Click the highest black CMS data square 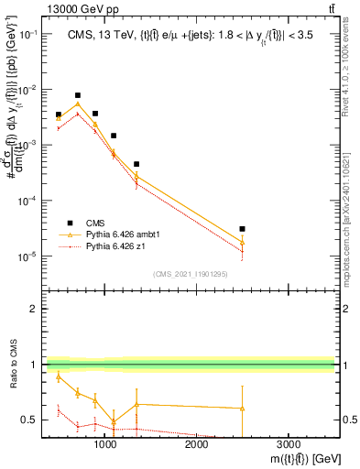click(x=78, y=95)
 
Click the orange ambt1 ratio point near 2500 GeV click(x=242, y=408)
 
